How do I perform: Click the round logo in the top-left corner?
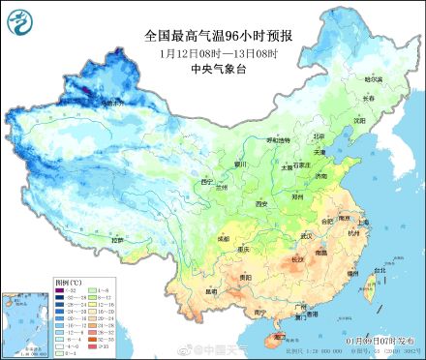pos(21,21)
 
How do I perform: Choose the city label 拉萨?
pos(117,239)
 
